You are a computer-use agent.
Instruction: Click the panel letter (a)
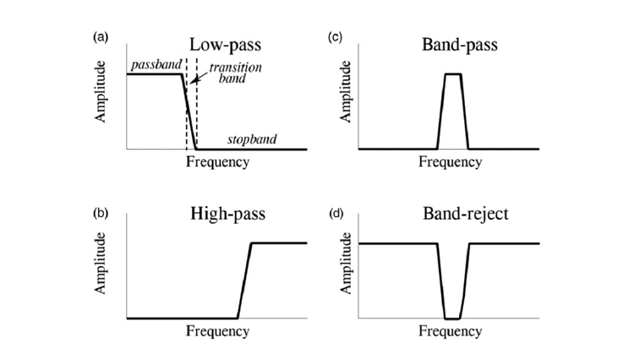click(x=101, y=37)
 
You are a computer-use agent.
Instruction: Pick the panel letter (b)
click(x=101, y=211)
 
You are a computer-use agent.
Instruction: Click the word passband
click(x=150, y=65)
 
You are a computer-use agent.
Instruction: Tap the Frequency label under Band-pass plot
click(x=449, y=161)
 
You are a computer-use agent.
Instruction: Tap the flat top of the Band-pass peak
click(x=453, y=74)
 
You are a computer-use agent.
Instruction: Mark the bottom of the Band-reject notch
click(x=453, y=319)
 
